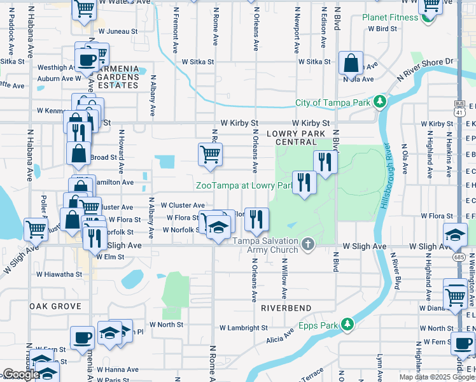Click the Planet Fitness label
(390, 17)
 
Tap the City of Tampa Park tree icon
(381, 102)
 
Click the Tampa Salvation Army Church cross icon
(308, 244)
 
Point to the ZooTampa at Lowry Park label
(243, 185)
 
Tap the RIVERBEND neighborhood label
(286, 308)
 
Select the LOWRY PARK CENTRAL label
(296, 137)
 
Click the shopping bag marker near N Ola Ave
(351, 63)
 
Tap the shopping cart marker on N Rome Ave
(210, 153)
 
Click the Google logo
(21, 374)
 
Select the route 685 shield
(458, 257)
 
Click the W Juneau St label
(118, 31)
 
